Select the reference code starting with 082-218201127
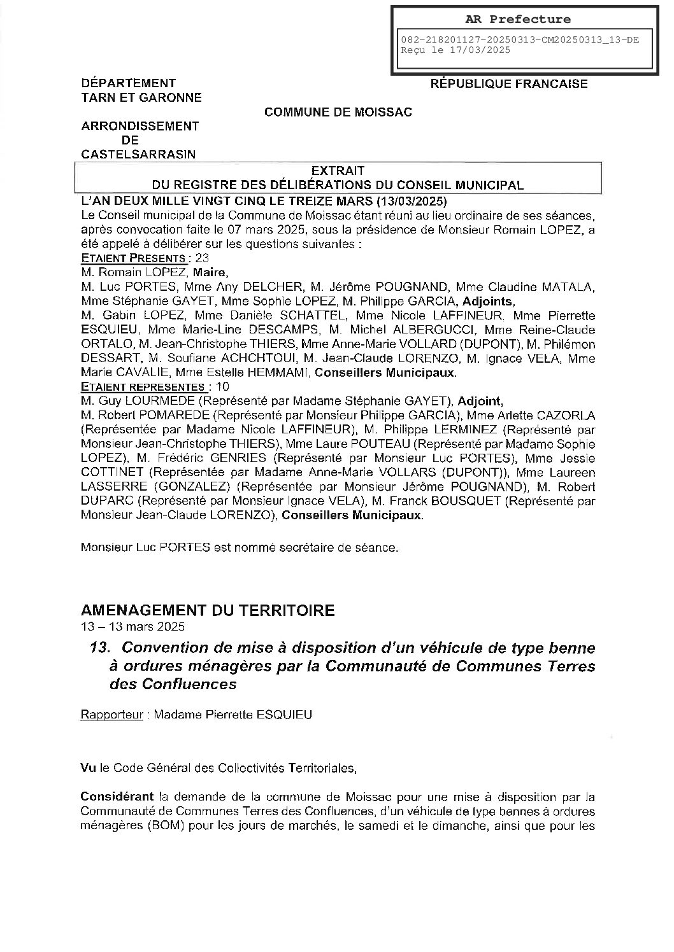(x=520, y=39)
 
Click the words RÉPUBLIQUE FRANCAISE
(x=509, y=83)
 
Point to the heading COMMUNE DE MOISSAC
(x=338, y=112)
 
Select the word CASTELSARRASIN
(x=138, y=154)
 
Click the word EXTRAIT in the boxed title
(x=338, y=171)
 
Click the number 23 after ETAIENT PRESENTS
(x=202, y=258)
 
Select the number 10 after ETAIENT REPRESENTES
(x=222, y=386)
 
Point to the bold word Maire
(x=203, y=272)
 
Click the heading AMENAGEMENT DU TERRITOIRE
(x=208, y=610)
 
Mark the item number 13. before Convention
(x=101, y=648)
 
